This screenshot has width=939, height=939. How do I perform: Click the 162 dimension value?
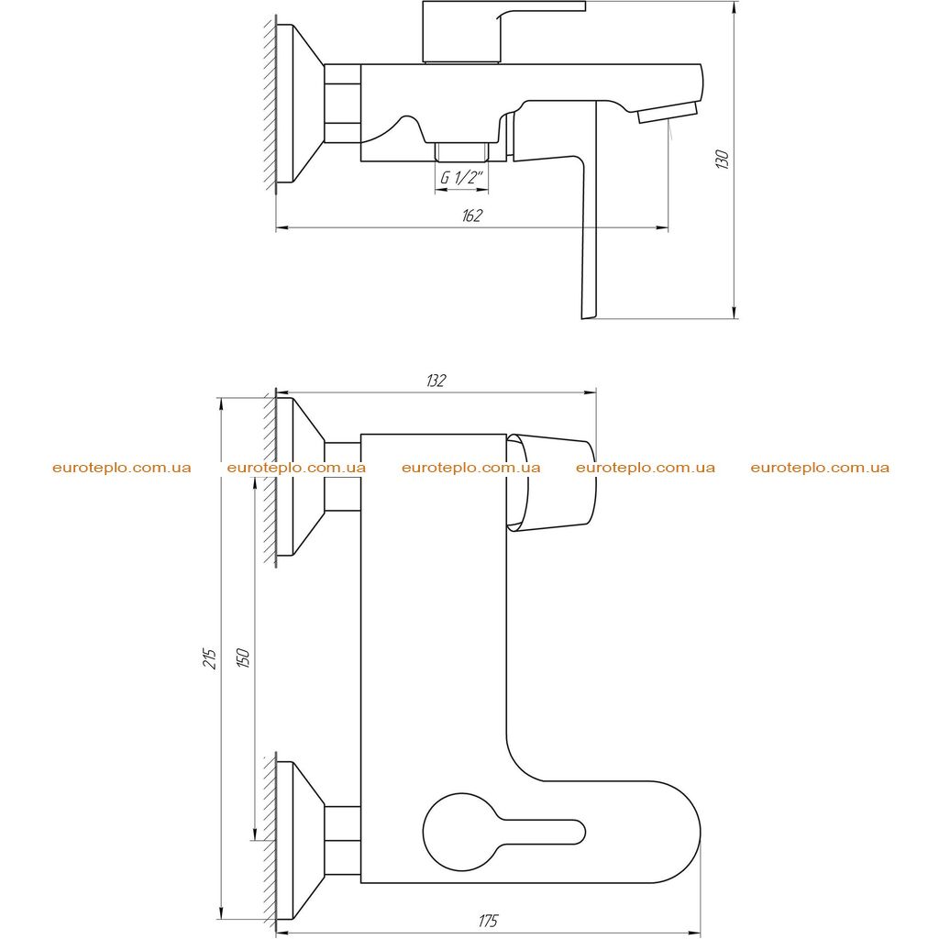[x=472, y=215]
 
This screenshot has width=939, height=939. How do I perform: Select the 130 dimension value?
[x=723, y=160]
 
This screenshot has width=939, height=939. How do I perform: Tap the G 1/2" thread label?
[x=461, y=177]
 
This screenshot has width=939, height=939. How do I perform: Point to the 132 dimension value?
[x=436, y=381]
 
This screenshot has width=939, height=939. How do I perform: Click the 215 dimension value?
[x=210, y=658]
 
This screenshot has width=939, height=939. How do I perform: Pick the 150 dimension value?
[x=243, y=658]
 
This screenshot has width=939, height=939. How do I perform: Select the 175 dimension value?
[x=488, y=921]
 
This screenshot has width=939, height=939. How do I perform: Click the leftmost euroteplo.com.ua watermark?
[x=122, y=468]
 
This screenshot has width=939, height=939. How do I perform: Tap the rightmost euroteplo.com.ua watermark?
[x=820, y=468]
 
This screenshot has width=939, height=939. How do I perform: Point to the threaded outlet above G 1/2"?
[x=462, y=152]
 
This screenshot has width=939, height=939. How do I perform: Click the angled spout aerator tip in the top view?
[x=668, y=112]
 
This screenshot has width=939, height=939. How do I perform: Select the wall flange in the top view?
[x=300, y=103]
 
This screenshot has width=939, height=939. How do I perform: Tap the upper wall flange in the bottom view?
[x=300, y=477]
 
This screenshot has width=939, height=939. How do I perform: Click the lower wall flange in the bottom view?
[x=300, y=840]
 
